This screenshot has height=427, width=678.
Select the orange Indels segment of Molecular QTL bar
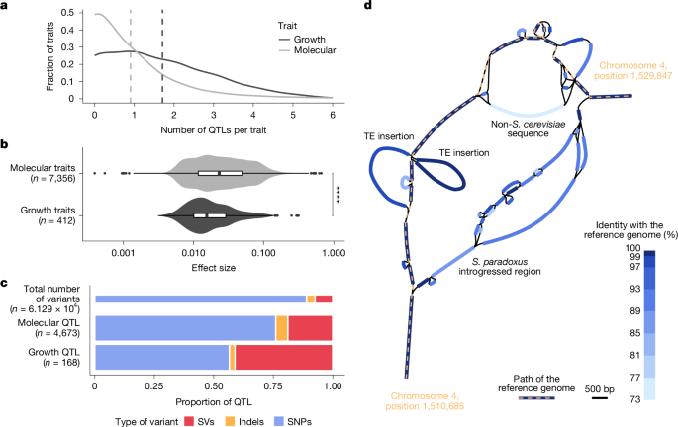tap(281, 327)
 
